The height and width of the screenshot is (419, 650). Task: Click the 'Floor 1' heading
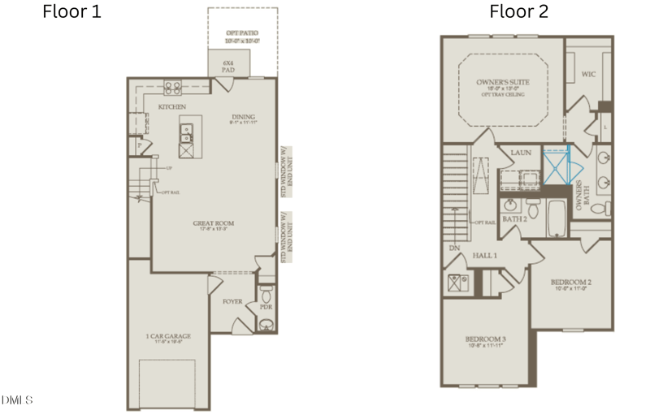click(x=72, y=12)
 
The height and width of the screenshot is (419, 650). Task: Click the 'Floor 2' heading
click(x=518, y=12)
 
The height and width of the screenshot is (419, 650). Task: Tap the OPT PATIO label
click(x=241, y=36)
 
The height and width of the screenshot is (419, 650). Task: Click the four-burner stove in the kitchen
click(x=173, y=89)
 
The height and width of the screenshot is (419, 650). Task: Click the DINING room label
click(x=244, y=117)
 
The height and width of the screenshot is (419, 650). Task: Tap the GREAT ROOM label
click(x=214, y=223)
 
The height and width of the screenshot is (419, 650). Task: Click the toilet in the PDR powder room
click(x=266, y=324)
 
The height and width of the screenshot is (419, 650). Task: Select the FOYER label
click(x=232, y=301)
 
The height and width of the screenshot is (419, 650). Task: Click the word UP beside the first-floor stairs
click(x=169, y=168)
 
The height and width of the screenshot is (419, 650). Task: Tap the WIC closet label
click(x=589, y=74)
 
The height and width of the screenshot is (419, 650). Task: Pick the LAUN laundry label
click(x=521, y=152)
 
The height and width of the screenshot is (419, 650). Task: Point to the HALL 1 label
click(x=485, y=256)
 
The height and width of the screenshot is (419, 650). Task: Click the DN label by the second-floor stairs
click(x=453, y=248)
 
